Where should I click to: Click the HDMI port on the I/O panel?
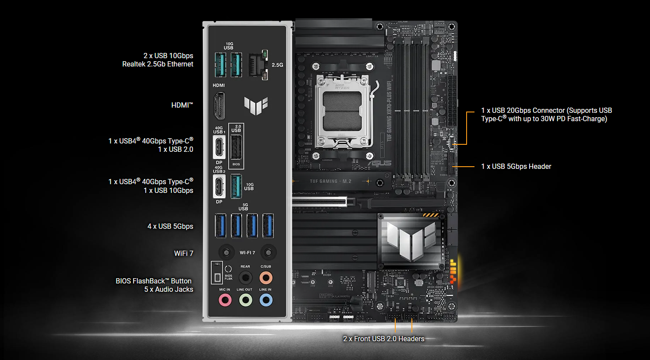pyautogui.click(x=219, y=106)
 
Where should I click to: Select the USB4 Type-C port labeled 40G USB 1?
pyautogui.click(x=219, y=147)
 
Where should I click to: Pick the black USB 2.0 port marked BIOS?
pyautogui.click(x=236, y=147)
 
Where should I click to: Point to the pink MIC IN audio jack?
pyautogui.click(x=225, y=300)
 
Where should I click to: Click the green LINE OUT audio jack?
pyautogui.click(x=246, y=300)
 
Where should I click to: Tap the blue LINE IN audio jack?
pyautogui.click(x=266, y=300)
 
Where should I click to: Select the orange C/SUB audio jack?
pyautogui.click(x=266, y=277)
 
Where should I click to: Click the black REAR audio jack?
pyautogui.click(x=246, y=277)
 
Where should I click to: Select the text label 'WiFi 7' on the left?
pyautogui.click(x=183, y=253)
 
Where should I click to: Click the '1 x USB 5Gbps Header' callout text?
pyautogui.click(x=516, y=166)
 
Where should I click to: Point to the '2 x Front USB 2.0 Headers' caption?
pyautogui.click(x=383, y=339)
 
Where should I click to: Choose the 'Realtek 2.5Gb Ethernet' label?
pyautogui.click(x=158, y=64)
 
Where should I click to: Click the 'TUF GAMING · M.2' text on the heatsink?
pyautogui.click(x=330, y=181)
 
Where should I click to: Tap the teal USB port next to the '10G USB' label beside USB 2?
pyautogui.click(x=236, y=186)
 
